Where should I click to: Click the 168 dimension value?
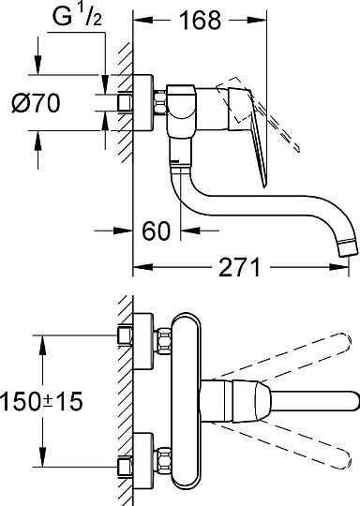(x=201, y=21)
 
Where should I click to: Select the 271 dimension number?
(x=239, y=267)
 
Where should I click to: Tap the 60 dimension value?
(x=157, y=231)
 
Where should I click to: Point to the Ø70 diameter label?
(x=36, y=103)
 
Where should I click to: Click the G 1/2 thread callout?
(x=77, y=17)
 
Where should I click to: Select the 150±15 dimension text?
(x=41, y=401)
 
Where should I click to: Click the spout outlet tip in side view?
(x=348, y=249)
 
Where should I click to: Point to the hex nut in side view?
(x=160, y=103)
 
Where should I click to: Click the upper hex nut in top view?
(x=165, y=341)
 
